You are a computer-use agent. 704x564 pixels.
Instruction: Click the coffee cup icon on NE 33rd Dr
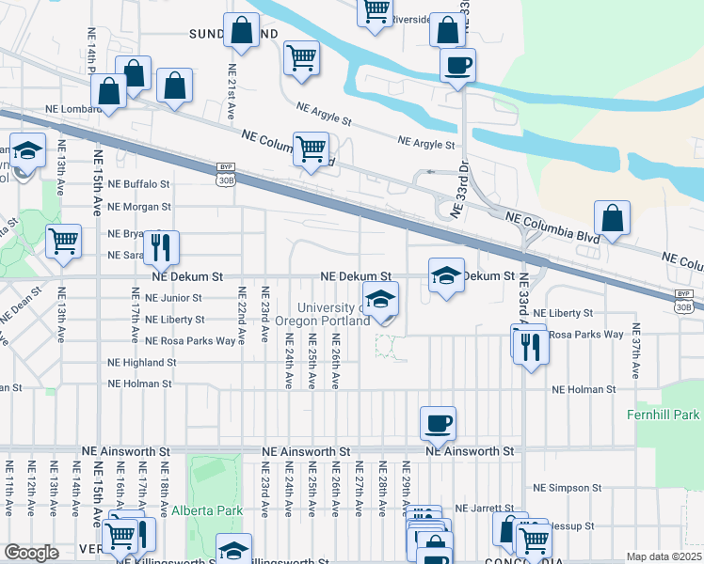(x=457, y=66)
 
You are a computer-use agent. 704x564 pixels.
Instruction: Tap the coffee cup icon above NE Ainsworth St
(x=437, y=424)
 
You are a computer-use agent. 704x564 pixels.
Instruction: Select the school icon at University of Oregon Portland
(x=379, y=301)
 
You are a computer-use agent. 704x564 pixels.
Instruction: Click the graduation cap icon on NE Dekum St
(x=447, y=275)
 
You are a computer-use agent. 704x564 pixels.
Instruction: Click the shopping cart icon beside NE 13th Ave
(x=64, y=241)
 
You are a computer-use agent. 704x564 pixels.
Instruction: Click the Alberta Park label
(x=207, y=510)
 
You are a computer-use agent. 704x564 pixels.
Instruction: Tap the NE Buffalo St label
(x=138, y=185)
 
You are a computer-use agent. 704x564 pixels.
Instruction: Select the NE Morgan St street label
(x=138, y=207)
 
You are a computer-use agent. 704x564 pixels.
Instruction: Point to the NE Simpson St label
(x=567, y=488)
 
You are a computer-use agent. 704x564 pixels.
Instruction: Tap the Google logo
(x=31, y=553)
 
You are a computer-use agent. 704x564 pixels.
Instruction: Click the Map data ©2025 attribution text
(x=663, y=556)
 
